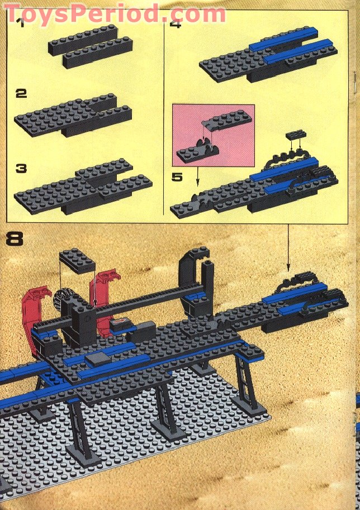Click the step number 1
point(20,23)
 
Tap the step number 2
point(21,93)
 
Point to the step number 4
point(175,24)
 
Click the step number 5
point(177,178)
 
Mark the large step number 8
point(15,239)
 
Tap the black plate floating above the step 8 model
point(77,260)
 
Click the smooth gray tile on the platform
point(95,358)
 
